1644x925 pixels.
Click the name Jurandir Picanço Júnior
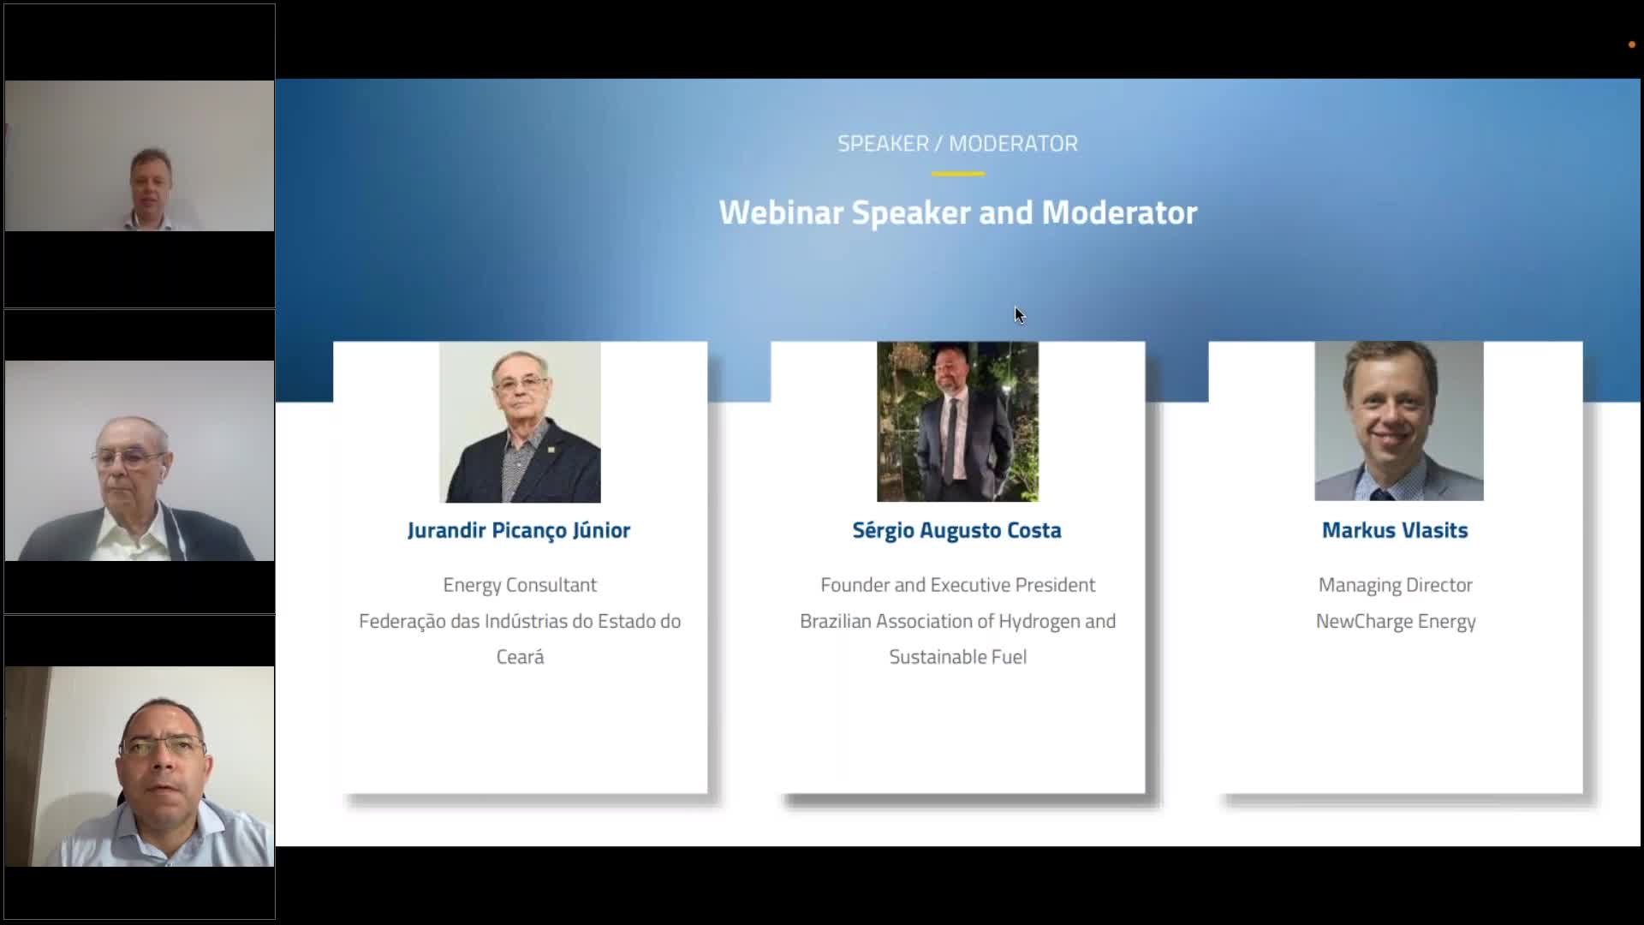click(x=519, y=531)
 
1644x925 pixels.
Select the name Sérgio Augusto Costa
click(x=956, y=531)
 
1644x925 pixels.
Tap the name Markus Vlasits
click(x=1395, y=530)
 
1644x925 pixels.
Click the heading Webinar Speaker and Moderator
click(x=958, y=212)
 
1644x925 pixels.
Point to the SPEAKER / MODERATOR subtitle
click(x=958, y=143)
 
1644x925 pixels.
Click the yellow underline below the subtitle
click(x=958, y=174)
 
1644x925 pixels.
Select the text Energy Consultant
click(x=520, y=585)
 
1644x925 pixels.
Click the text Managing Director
click(x=1396, y=586)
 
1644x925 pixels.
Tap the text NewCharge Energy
click(x=1396, y=622)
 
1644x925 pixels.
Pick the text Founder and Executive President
click(x=957, y=585)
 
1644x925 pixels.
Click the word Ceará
click(x=520, y=657)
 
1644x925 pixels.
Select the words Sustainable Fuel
click(x=957, y=657)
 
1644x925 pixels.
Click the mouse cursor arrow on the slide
click(x=1019, y=315)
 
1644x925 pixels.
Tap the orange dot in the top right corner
click(x=1631, y=45)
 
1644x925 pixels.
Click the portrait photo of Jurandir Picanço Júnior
click(x=520, y=422)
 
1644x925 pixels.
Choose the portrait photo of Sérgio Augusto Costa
click(x=957, y=421)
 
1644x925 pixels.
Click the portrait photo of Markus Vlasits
click(x=1399, y=421)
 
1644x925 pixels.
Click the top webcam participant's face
click(x=152, y=182)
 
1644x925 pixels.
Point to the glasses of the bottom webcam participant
click(x=161, y=746)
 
